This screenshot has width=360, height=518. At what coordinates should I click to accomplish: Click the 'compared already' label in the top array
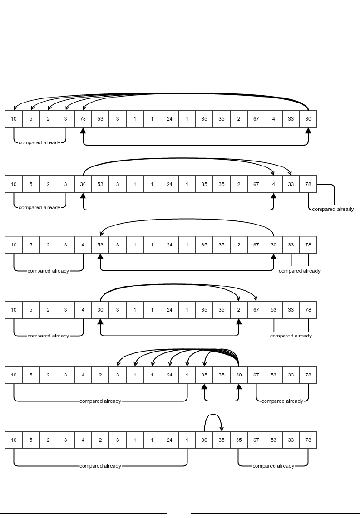coord(40,142)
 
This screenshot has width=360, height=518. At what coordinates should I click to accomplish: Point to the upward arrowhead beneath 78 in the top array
coord(83,131)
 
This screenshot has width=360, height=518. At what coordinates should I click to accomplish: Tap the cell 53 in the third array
coord(100,245)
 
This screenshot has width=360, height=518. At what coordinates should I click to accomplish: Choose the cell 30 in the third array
coord(273,245)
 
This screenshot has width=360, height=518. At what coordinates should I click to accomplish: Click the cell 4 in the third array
coord(83,245)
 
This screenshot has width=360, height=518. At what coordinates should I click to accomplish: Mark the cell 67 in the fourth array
coord(256,310)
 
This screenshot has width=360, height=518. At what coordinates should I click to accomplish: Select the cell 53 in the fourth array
coord(273,310)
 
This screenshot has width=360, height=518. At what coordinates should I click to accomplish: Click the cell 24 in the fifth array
coord(169,375)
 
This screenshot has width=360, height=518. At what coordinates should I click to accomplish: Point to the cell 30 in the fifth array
coord(239,375)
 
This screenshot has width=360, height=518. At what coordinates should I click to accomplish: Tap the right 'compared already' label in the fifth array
coord(282,401)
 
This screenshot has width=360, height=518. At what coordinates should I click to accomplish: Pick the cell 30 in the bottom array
coord(204,440)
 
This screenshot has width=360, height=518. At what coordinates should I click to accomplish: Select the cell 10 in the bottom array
coord(14,440)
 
